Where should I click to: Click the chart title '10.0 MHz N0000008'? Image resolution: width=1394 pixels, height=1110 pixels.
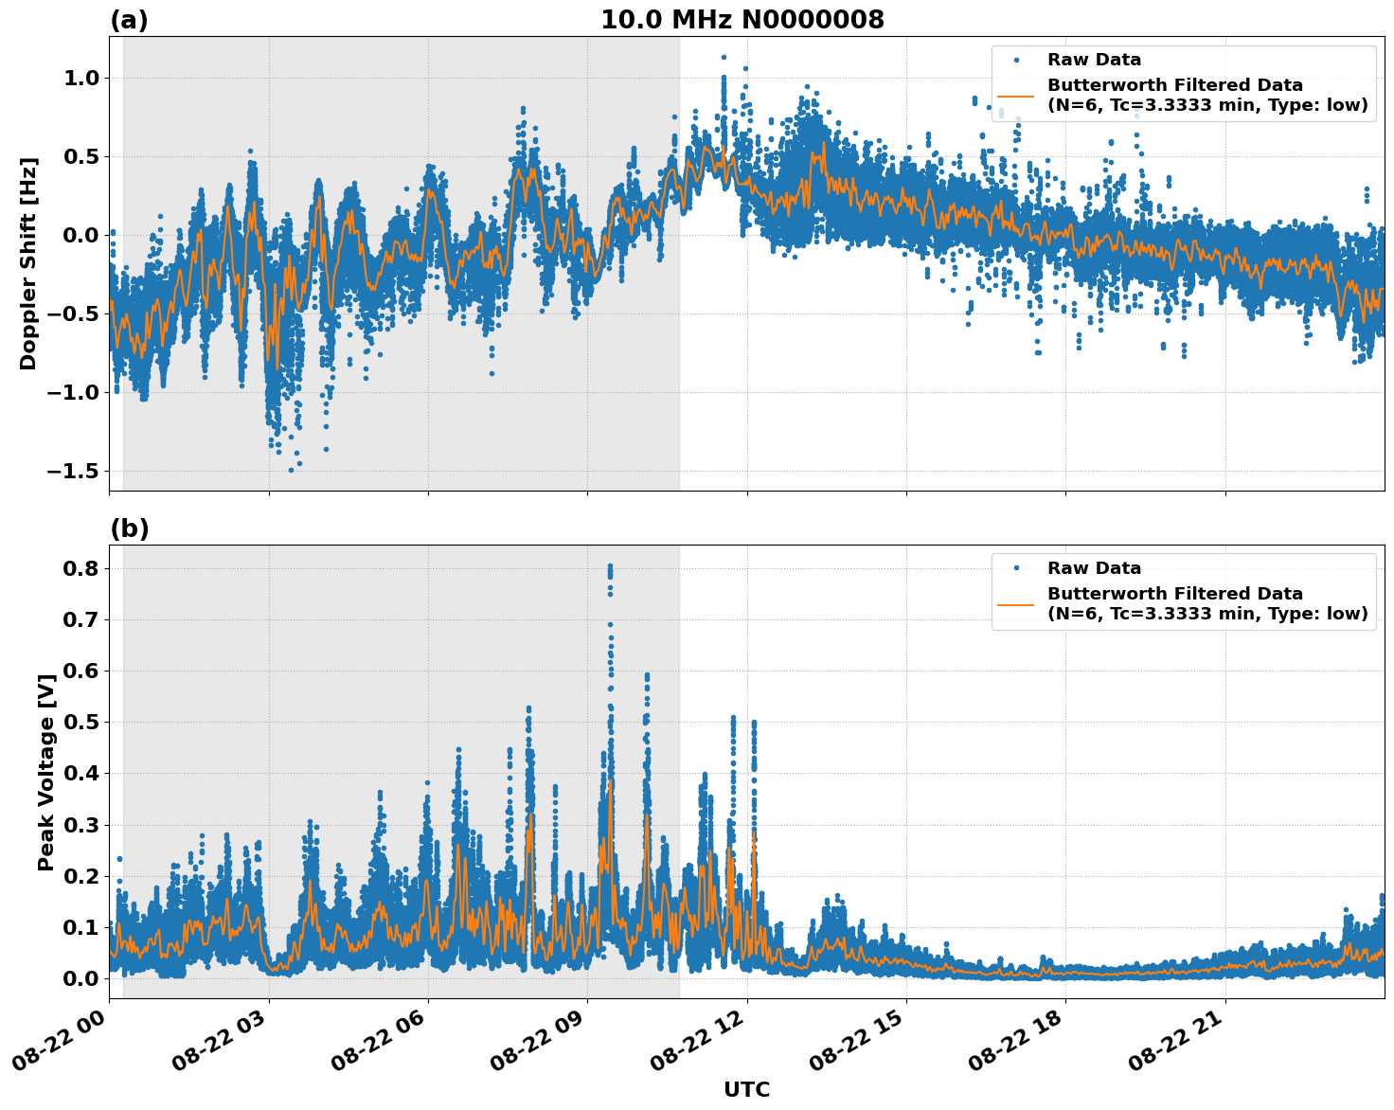[742, 20]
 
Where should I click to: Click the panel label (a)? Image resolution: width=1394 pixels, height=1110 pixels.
[129, 20]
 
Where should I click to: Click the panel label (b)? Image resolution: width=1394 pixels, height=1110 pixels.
[129, 528]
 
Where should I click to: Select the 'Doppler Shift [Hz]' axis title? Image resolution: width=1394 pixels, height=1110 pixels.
[28, 263]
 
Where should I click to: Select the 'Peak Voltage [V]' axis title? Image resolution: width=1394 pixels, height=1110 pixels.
[45, 772]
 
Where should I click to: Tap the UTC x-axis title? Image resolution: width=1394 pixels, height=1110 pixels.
[746, 1089]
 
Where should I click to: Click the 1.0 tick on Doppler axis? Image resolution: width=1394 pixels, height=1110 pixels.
[80, 78]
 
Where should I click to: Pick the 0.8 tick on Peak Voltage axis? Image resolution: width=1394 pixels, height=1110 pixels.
[80, 568]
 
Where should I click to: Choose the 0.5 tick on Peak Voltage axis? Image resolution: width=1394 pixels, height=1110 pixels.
[80, 722]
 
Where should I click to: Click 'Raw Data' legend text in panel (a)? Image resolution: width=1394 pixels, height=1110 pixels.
[1094, 61]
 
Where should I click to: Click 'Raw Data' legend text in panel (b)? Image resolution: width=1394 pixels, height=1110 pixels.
[1094, 568]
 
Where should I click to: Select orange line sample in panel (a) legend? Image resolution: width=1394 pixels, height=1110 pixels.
[1015, 96]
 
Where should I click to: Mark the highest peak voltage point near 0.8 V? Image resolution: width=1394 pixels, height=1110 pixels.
[610, 566]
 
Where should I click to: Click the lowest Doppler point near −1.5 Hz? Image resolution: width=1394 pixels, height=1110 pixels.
[291, 470]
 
